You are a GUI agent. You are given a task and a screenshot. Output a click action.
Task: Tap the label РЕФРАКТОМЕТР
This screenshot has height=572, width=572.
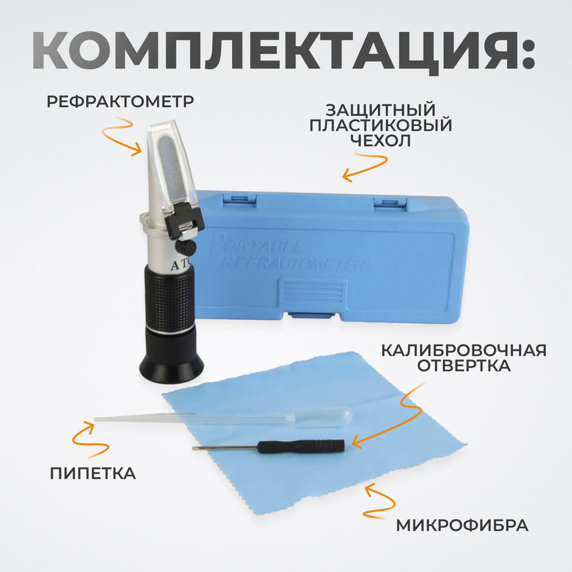coord(120,102)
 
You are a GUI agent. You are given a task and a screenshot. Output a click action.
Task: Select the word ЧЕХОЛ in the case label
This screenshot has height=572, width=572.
coord(380,141)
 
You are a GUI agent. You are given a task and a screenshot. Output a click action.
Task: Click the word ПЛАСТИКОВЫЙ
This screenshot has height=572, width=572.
coord(380,125)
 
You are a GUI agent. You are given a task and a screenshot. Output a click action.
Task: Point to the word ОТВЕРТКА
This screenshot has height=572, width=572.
coord(464,366)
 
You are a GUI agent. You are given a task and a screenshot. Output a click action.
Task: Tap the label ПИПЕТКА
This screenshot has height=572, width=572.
coord(93,474)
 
